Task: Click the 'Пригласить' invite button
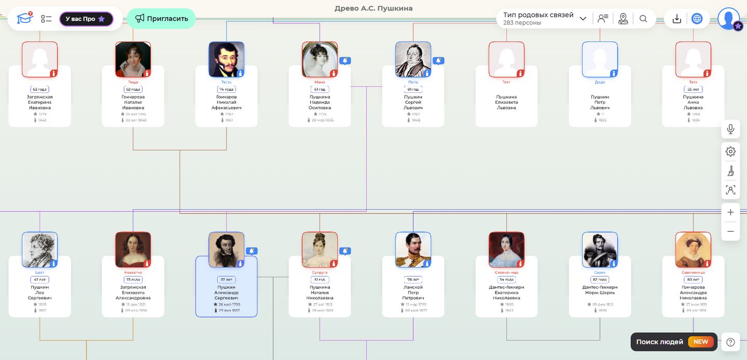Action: [x=161, y=19]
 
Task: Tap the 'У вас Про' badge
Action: [x=86, y=19]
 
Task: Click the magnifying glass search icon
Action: [x=643, y=19]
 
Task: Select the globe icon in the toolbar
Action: [x=697, y=19]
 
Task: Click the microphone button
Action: [x=730, y=129]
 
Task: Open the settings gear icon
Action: [x=730, y=151]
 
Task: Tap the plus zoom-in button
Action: [x=730, y=212]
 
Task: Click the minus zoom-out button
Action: [x=730, y=231]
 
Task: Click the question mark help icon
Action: [x=730, y=342]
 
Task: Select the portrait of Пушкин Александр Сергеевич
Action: [x=226, y=250]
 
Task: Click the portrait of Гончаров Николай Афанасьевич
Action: [x=226, y=59]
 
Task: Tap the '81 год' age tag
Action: [x=413, y=89]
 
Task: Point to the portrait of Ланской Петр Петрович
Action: [x=413, y=250]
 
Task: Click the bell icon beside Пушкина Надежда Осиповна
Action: [x=345, y=61]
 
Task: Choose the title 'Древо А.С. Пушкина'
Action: [x=374, y=8]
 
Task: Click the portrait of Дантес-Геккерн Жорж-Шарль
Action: [x=600, y=250]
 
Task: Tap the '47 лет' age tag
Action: [x=40, y=280]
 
